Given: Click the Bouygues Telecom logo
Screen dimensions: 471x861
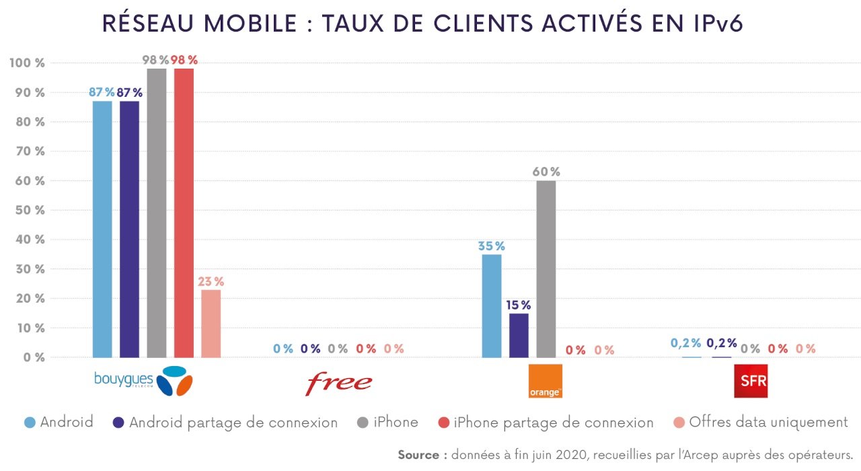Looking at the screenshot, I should [x=143, y=381].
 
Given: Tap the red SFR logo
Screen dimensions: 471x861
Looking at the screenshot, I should [x=750, y=382].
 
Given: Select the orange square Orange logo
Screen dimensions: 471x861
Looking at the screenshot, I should [x=545, y=381].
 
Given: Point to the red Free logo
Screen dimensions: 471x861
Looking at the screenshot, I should [x=338, y=382].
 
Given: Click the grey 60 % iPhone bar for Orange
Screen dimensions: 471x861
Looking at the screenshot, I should [x=546, y=269].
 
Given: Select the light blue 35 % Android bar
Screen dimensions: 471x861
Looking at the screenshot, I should [x=492, y=306].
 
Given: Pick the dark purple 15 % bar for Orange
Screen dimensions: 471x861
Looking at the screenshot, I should [x=519, y=335].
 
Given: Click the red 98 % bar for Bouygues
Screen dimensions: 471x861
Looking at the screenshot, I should [x=184, y=213].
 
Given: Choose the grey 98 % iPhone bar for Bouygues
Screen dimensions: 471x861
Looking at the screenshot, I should [x=157, y=213].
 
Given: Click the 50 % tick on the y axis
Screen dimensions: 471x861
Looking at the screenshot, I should [x=28, y=211].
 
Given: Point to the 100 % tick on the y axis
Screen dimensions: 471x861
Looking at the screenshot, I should [x=28, y=63].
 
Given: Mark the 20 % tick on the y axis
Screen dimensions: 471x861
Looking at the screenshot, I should [x=28, y=299].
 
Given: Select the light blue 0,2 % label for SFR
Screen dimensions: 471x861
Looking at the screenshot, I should [x=685, y=343].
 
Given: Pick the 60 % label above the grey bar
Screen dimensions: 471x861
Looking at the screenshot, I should [x=546, y=172].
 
